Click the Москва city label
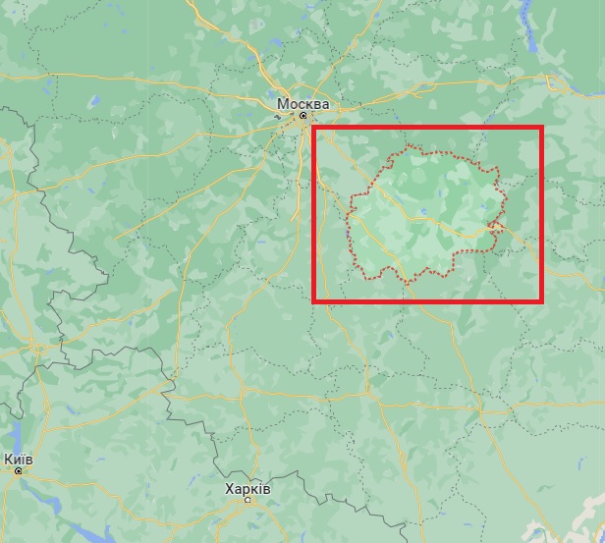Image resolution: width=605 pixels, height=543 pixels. tap(302, 103)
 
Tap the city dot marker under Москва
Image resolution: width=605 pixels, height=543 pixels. tap(302, 116)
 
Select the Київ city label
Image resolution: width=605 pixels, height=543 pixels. tap(18, 459)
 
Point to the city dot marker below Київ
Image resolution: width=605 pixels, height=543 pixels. tap(18, 470)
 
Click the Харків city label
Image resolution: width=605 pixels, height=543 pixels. tap(247, 488)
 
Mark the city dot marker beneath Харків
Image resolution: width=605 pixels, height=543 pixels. tap(247, 500)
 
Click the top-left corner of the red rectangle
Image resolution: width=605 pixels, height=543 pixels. tap(314, 129)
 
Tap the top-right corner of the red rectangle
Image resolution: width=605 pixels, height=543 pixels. tap(541, 129)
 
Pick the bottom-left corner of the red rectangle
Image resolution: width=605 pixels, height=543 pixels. tap(314, 299)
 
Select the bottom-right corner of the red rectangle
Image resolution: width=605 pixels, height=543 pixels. tap(541, 299)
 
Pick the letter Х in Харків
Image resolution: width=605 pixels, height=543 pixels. tap(230, 488)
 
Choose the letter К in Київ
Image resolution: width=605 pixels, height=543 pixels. tap(8, 459)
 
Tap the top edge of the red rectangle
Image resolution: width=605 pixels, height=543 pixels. tap(427, 129)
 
